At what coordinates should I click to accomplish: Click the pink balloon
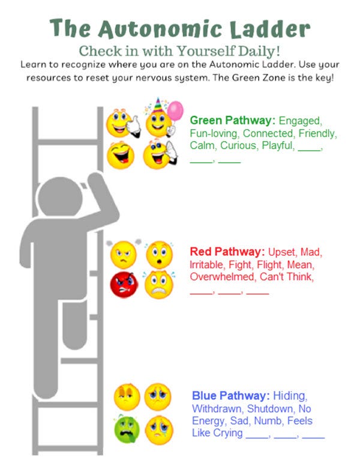tap(175, 110)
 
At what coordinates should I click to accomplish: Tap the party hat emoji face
tap(158, 122)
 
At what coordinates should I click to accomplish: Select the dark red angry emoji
tap(124, 283)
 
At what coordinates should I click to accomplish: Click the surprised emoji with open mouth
tap(159, 255)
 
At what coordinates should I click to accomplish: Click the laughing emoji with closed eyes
tap(120, 155)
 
